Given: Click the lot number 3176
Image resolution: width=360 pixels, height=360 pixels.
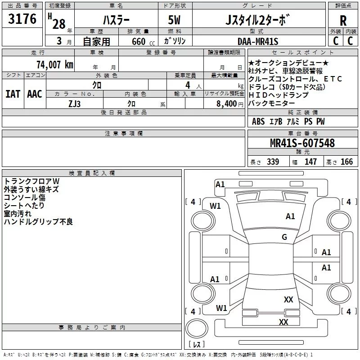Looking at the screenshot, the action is tap(22, 19).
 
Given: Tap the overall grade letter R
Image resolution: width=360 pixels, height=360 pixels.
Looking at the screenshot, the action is tap(343, 21).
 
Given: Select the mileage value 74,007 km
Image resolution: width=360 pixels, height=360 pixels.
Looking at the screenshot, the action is tap(55, 64).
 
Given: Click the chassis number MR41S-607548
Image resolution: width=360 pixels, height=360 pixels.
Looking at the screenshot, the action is tap(302, 143).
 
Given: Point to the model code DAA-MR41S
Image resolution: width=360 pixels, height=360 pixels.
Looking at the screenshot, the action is tap(258, 41).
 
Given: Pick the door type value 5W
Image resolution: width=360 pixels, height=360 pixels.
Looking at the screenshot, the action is tap(174, 20).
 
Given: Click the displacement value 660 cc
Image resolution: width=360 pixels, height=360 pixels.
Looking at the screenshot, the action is tap(143, 42).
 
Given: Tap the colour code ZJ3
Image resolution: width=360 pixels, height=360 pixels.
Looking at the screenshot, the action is tap(74, 104).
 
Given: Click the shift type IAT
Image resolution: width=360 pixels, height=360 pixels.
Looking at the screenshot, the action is tap(13, 94).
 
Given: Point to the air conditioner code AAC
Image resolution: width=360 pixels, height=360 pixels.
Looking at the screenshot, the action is tap(35, 94).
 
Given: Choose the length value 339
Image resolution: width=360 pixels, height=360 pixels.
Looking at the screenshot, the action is tap(273, 162).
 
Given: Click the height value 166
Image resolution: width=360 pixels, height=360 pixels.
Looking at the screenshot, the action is tap(346, 162).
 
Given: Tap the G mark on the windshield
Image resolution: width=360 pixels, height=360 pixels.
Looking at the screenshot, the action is tap(284, 237).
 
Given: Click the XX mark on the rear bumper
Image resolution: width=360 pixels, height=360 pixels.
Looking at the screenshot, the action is tap(283, 322).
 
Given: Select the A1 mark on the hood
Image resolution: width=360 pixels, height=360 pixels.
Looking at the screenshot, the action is tap(290, 216).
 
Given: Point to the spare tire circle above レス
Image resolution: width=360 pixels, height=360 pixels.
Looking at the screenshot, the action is tap(197, 328).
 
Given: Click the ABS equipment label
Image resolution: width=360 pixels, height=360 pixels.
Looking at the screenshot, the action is tap(258, 121).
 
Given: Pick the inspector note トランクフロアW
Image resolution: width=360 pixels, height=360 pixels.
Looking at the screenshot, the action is tap(31, 181).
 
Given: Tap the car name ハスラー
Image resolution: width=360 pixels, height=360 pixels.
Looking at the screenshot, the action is tap(116, 20).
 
